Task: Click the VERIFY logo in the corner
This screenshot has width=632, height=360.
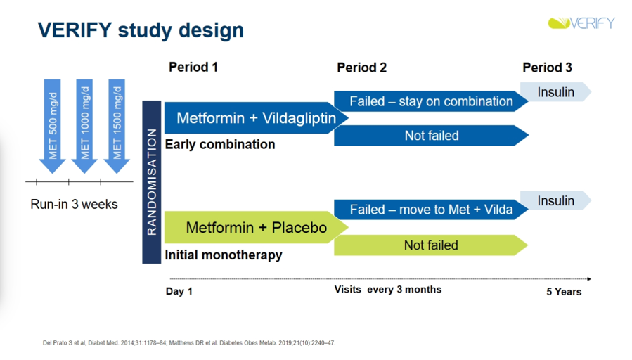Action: [x=581, y=23]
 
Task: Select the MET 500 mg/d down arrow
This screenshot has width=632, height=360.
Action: [x=53, y=126]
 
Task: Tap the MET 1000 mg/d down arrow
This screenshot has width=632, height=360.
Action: [x=84, y=126]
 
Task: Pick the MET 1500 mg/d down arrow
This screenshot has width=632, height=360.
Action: [x=117, y=126]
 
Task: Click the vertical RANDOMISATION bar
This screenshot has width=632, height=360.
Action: [x=152, y=182]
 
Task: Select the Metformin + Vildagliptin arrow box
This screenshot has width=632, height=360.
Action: [x=257, y=117]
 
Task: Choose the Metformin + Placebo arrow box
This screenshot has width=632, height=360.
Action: [x=257, y=227]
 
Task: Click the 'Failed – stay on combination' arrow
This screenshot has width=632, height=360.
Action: [x=431, y=101]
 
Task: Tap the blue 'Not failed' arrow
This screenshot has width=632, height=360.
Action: [x=431, y=136]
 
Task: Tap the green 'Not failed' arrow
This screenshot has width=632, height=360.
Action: [x=431, y=245]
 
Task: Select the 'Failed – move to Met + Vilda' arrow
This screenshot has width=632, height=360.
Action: [x=431, y=210]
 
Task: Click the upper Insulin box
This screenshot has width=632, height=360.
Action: [x=556, y=92]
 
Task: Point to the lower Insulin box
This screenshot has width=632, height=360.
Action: [x=556, y=200]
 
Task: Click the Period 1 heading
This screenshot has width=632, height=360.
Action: [x=193, y=67]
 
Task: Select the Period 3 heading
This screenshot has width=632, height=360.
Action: [x=547, y=67]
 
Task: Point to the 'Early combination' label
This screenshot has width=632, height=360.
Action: [x=220, y=144]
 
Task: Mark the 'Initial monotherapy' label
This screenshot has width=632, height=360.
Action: [x=224, y=255]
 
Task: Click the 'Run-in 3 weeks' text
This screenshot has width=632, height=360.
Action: [x=74, y=205]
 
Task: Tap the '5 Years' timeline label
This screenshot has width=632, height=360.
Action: [x=564, y=292]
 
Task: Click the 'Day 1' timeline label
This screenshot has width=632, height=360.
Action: [x=179, y=292]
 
